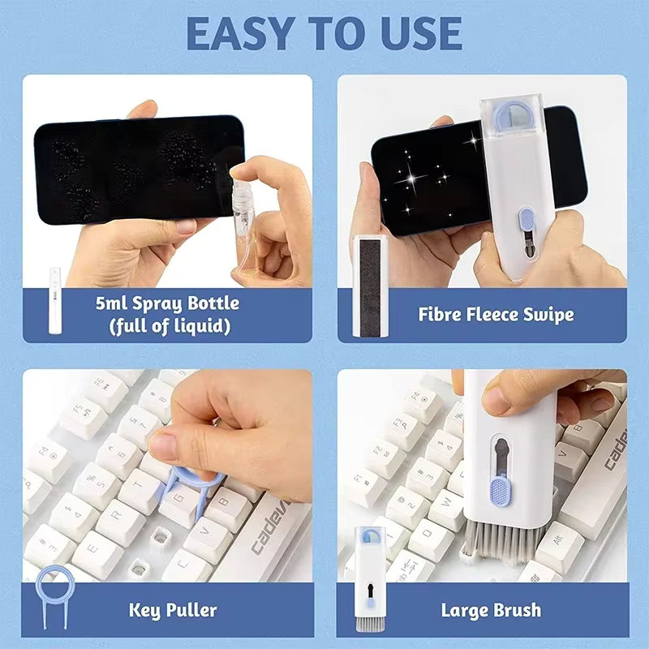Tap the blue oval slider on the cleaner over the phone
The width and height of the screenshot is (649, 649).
pos(527,220)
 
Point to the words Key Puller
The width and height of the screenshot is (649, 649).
pos(173,609)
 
